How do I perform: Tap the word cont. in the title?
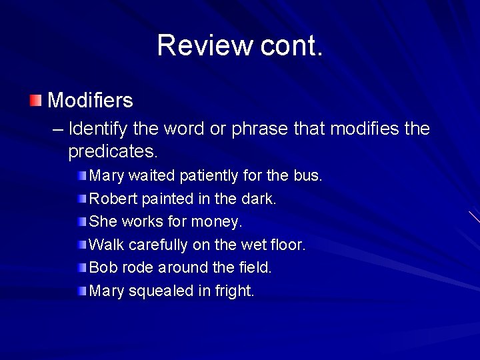pyautogui.click(x=291, y=45)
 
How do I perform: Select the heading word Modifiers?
pyautogui.click(x=91, y=101)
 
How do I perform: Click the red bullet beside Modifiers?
pyautogui.click(x=35, y=101)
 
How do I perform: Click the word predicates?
pyautogui.click(x=113, y=151)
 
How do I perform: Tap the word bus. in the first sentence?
pyautogui.click(x=308, y=176)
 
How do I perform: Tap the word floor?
pyautogui.click(x=288, y=245)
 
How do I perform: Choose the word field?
pyautogui.click(x=255, y=267)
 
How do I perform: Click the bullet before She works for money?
pyautogui.click(x=81, y=221)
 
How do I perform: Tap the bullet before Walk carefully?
pyautogui.click(x=81, y=245)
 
